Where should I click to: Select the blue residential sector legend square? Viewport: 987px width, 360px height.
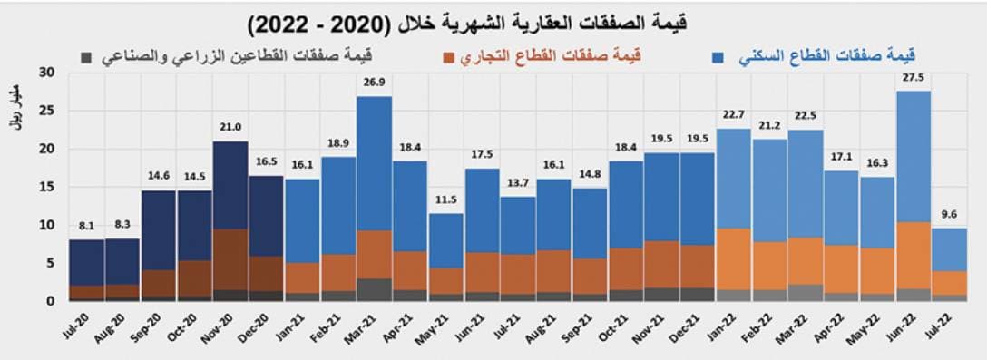[x=718, y=57]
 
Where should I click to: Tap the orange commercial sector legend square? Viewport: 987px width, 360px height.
[x=448, y=57]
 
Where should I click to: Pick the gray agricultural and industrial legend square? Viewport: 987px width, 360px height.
[x=85, y=57]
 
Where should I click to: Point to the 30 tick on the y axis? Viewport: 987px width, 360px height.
[x=47, y=73]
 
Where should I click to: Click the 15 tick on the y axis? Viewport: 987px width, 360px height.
[x=47, y=187]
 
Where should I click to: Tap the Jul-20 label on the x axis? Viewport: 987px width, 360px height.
[x=83, y=324]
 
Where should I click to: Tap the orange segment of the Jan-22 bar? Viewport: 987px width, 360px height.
[x=734, y=258]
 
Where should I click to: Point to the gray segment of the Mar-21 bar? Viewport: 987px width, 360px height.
[x=374, y=289]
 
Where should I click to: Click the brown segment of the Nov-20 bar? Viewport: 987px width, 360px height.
[x=230, y=259]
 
